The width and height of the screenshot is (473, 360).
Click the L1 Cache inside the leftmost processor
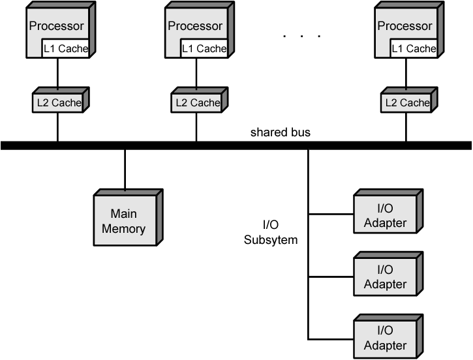[66, 48]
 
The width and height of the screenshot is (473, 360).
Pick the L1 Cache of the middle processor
[204, 48]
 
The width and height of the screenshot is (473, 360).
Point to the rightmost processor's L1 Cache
[414, 48]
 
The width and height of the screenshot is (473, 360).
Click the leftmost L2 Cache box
[57, 102]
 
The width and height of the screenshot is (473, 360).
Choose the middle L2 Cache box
[196, 102]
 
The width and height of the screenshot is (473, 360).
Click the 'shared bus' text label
[281, 132]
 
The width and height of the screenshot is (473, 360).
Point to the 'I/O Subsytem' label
[271, 232]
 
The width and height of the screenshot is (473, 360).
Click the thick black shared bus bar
[235, 145]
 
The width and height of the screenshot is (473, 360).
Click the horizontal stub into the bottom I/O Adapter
[330, 339]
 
